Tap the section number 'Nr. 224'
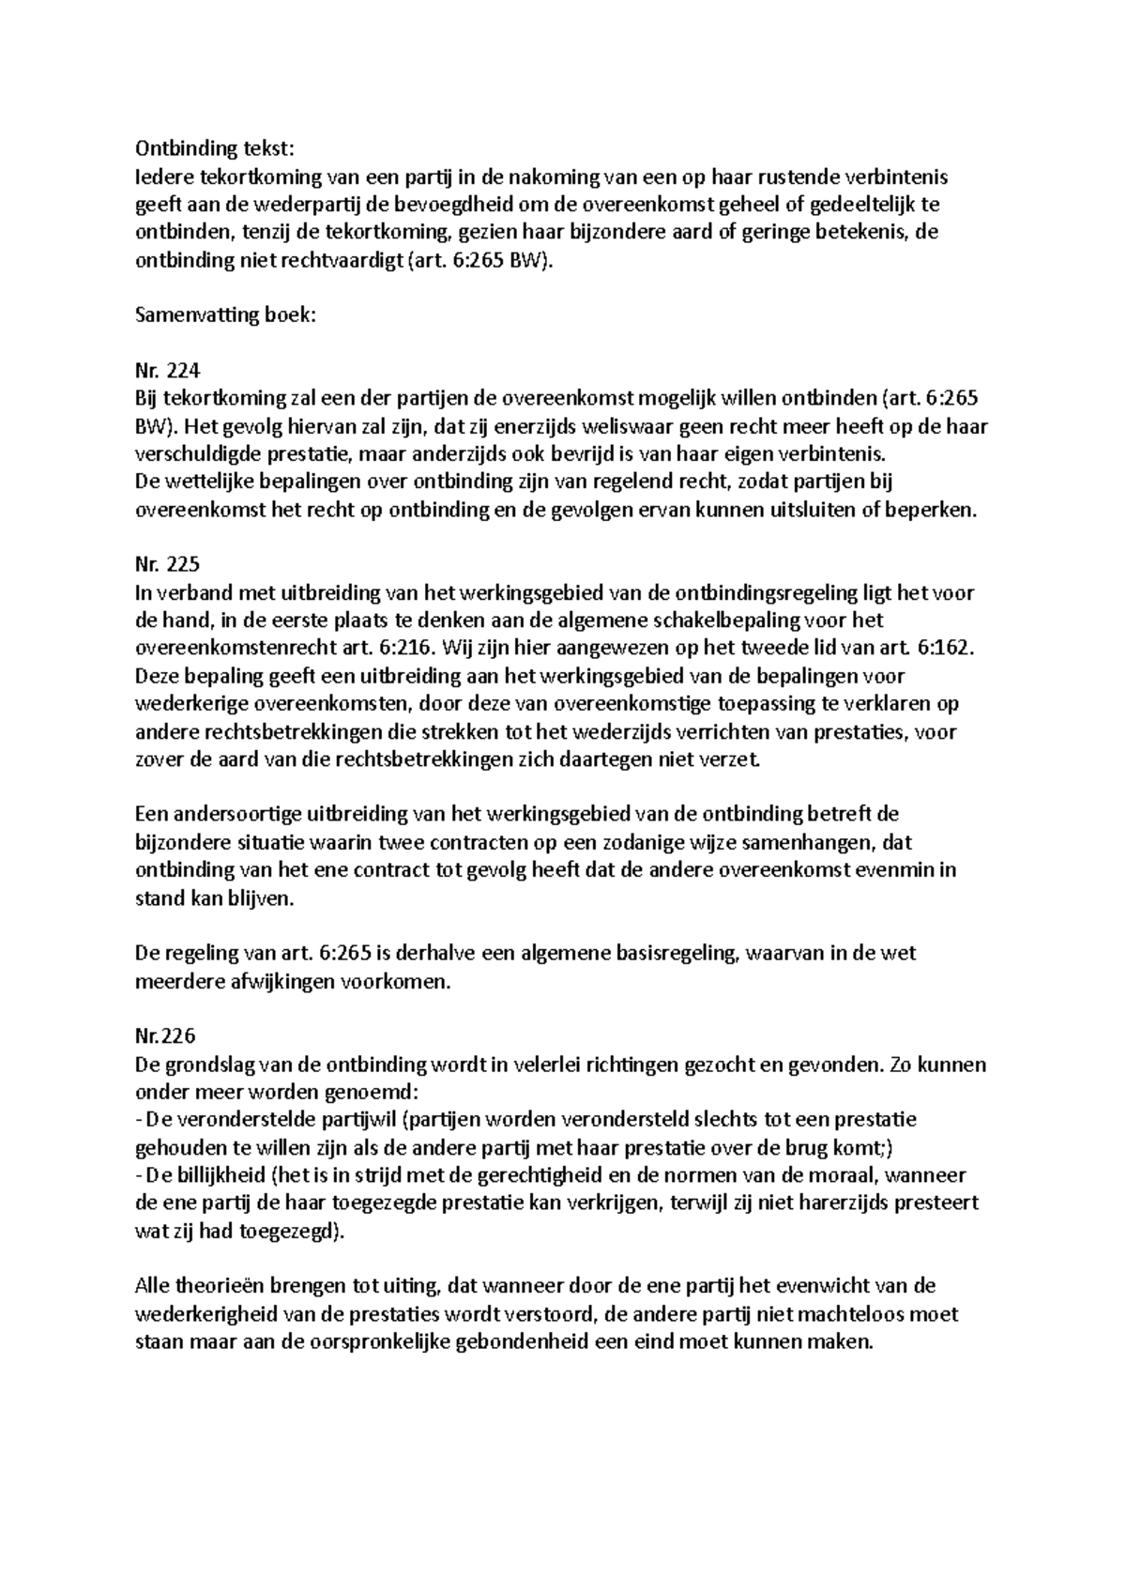coord(168,372)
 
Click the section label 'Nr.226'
coord(165,1037)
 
